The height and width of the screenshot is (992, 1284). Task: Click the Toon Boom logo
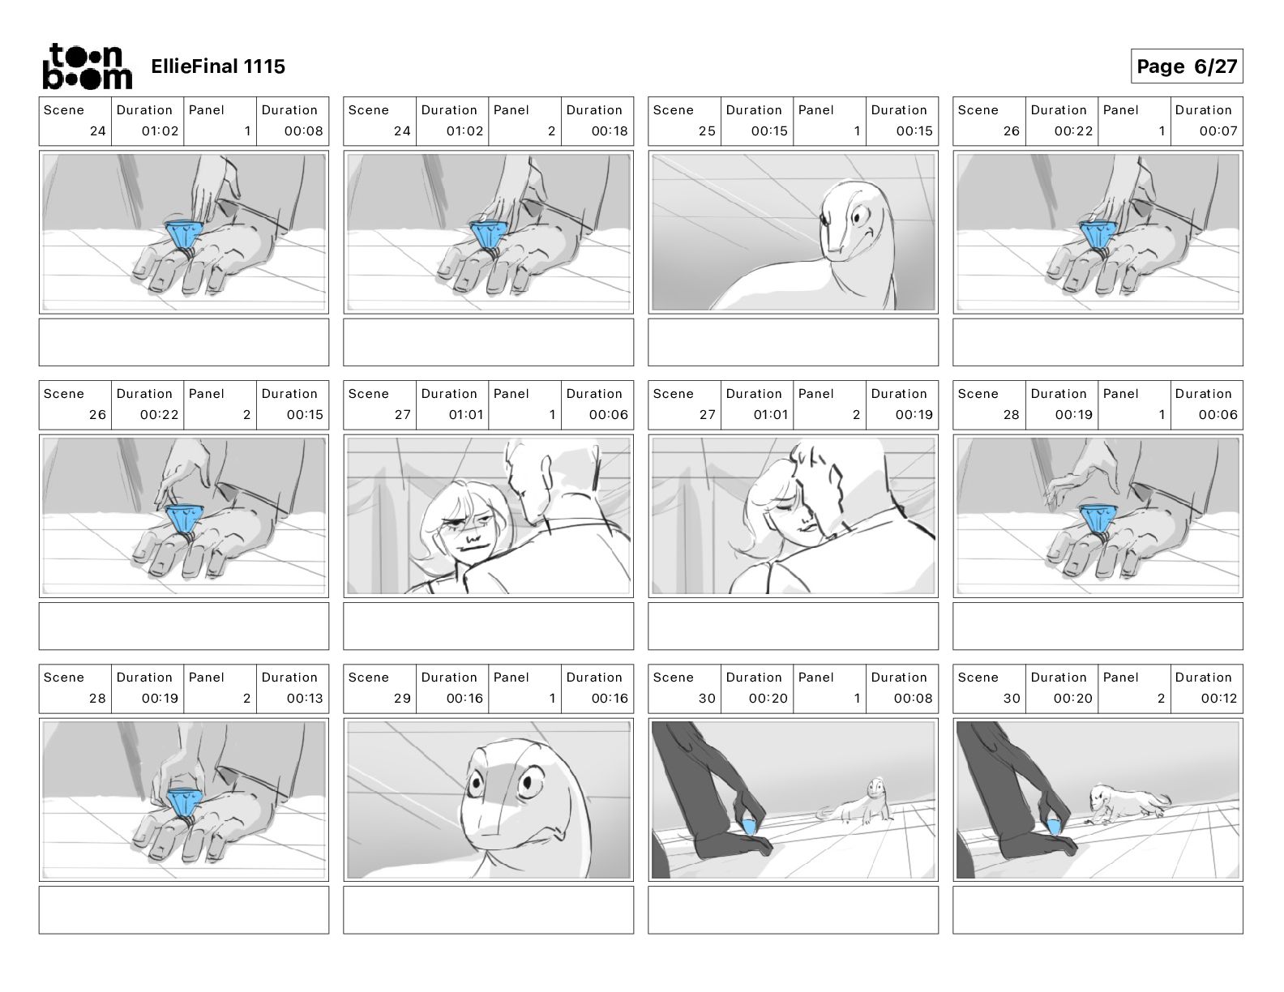88,66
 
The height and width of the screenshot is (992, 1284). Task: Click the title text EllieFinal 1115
218,66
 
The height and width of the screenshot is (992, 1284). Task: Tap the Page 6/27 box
1187,66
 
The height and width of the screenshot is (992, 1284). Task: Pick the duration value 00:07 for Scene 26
1218,131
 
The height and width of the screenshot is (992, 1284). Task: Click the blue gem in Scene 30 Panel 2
1053,827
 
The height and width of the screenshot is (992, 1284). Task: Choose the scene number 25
707,131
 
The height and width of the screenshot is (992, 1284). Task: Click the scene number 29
402,699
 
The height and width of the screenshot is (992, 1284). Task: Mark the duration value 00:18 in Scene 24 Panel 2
610,131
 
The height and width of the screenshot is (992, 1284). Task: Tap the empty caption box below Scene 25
793,342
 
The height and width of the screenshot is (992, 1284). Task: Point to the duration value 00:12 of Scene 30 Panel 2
1219,699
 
